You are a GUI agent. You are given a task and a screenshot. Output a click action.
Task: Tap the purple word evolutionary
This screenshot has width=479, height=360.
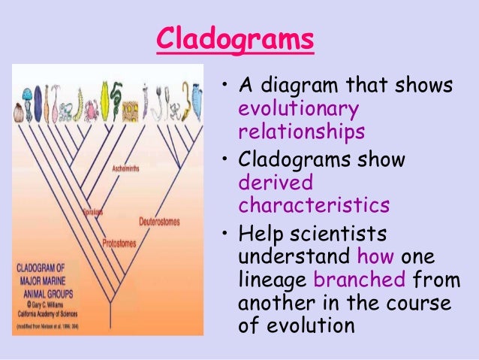[x=299, y=109]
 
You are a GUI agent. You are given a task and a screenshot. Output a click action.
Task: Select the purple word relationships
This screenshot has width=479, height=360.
[x=302, y=132]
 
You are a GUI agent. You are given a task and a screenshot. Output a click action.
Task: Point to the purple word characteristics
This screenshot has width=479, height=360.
[x=315, y=205]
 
